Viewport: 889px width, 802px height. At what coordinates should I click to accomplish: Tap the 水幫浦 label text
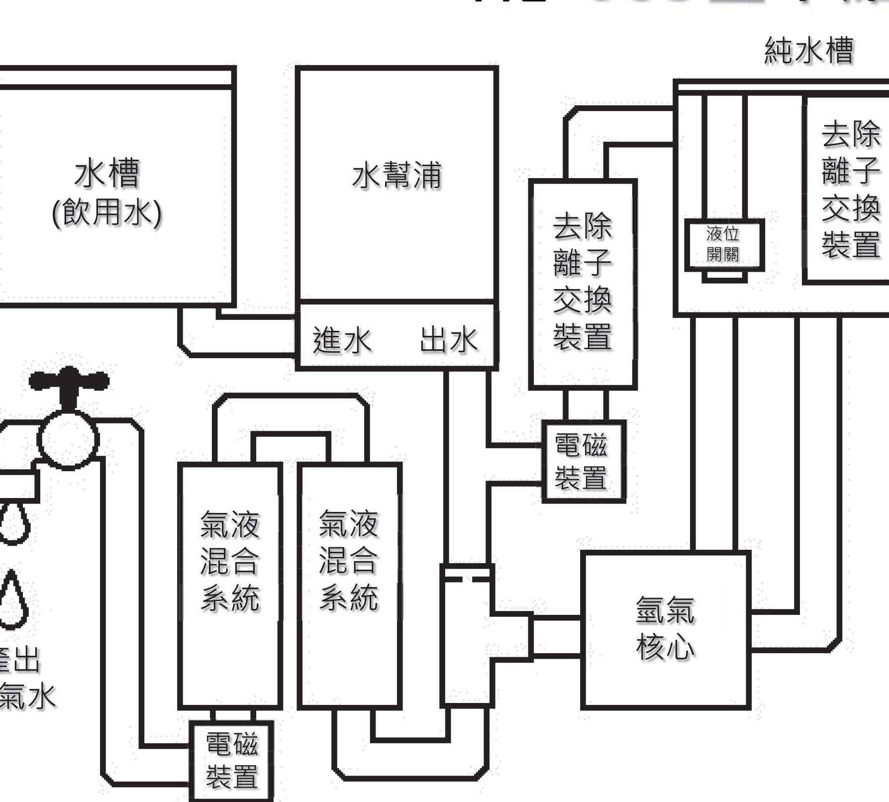pos(396,176)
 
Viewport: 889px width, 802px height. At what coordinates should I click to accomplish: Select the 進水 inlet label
pos(342,340)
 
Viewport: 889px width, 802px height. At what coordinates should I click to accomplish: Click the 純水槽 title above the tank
pos(809,51)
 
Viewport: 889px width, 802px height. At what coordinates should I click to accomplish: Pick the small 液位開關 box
pos(724,244)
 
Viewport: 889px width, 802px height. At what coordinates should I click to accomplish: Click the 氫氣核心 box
pos(665,629)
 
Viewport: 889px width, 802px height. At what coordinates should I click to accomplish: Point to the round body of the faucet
pos(68,440)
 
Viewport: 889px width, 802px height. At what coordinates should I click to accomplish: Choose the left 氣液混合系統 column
pos(230,585)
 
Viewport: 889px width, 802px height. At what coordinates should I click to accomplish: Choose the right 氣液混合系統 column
pos(349,585)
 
